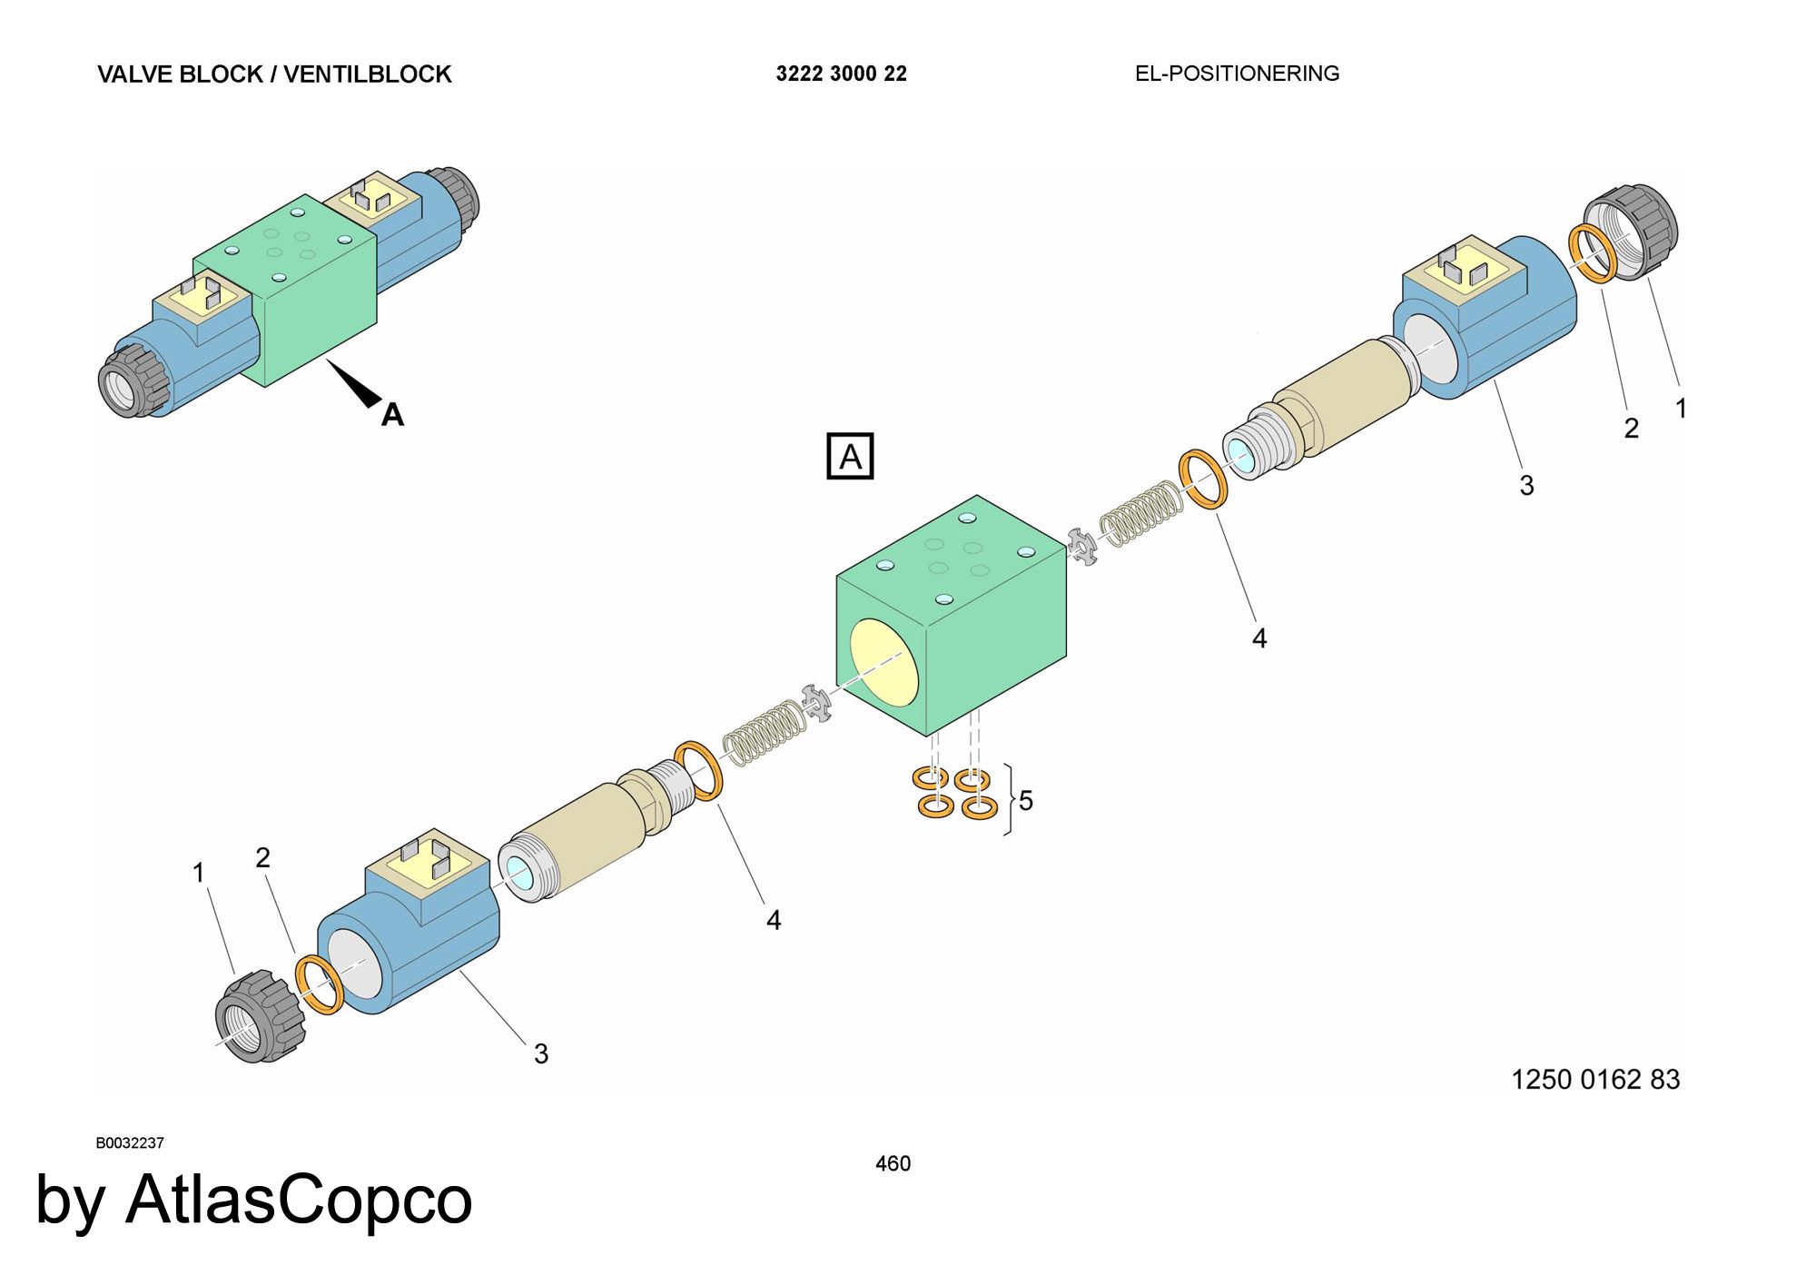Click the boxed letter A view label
[850, 456]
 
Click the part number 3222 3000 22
[841, 74]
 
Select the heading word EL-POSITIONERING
[1237, 74]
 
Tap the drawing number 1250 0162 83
[1595, 1079]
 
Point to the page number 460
[893, 1163]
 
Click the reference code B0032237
[130, 1142]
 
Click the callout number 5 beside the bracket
[1026, 800]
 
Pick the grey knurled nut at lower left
[260, 1015]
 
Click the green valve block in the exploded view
[951, 615]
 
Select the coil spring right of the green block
[1141, 513]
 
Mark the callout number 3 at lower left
[541, 1053]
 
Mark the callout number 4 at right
[1259, 638]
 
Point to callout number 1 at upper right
[1682, 409]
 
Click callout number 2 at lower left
[263, 857]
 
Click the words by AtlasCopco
[254, 1200]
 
